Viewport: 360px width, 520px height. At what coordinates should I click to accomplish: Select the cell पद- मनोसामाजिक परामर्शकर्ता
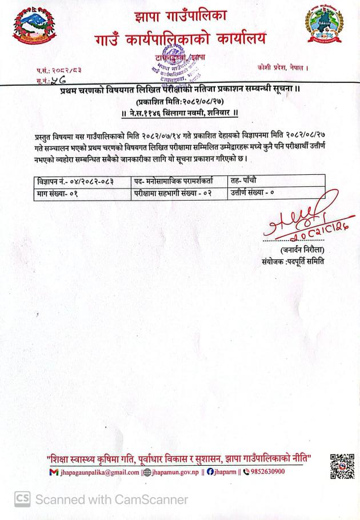click(178, 181)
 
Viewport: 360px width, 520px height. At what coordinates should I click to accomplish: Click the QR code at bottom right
click(342, 466)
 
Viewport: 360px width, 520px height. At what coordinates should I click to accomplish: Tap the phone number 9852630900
click(263, 472)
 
